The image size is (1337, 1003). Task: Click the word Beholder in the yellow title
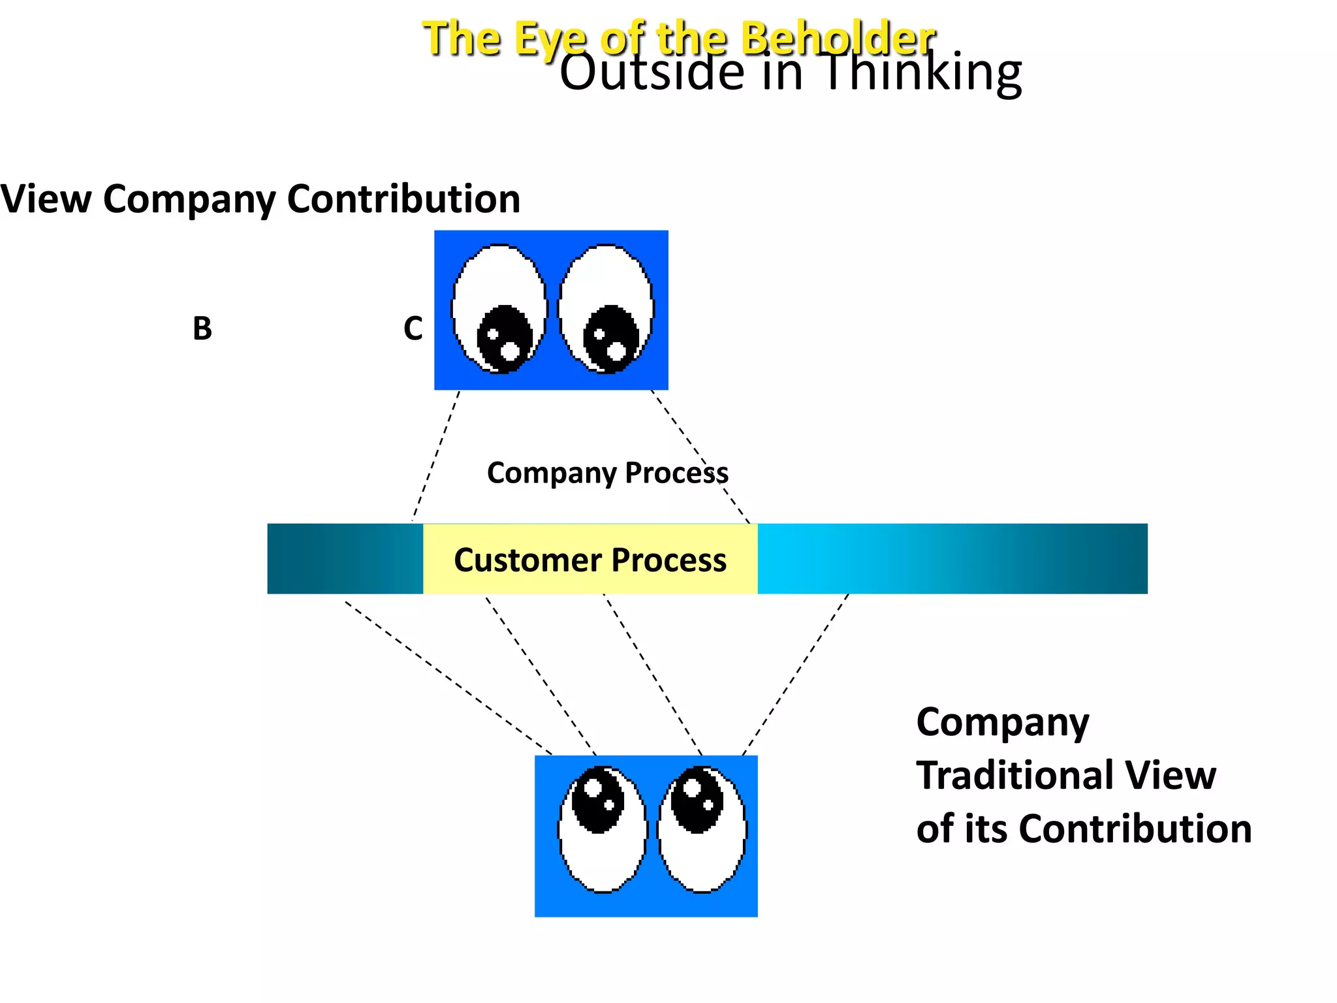click(x=839, y=37)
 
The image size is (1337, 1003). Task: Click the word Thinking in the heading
click(x=920, y=73)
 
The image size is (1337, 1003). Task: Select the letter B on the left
click(x=202, y=328)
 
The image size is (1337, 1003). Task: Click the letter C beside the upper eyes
click(x=413, y=328)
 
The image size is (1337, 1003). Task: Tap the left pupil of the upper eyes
click(x=503, y=338)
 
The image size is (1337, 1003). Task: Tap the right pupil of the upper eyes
click(x=610, y=338)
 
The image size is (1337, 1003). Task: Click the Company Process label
click(x=607, y=473)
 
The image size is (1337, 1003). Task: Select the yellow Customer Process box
click(x=590, y=560)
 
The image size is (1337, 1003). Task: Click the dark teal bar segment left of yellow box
click(x=345, y=559)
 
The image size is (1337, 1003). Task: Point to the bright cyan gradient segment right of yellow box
click(x=849, y=559)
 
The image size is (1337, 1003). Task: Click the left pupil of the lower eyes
click(x=598, y=800)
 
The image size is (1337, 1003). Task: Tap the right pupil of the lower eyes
click(x=697, y=800)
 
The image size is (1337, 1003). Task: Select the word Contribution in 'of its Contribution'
click(x=1135, y=829)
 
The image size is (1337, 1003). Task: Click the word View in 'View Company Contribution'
click(x=46, y=199)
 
